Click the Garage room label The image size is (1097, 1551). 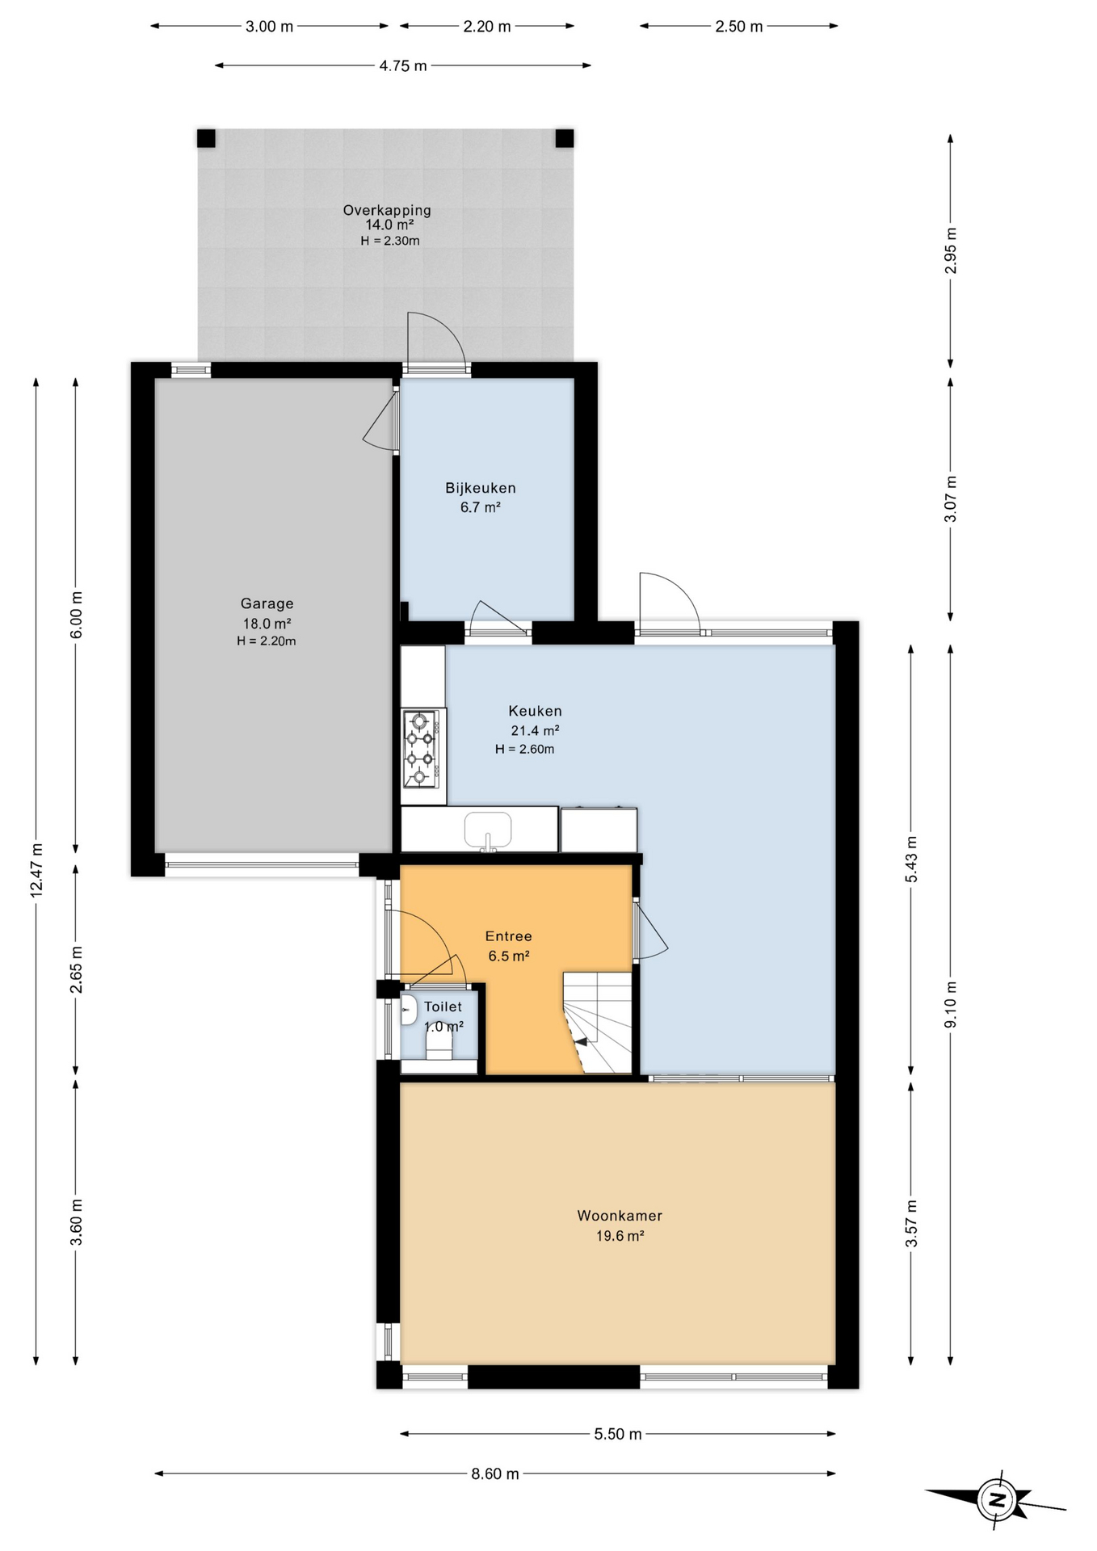[x=267, y=603]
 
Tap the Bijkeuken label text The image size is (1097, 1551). [x=480, y=488]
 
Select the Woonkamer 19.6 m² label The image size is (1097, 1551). [x=620, y=1225]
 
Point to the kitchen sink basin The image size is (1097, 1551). [x=488, y=830]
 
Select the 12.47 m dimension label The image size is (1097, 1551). [x=36, y=870]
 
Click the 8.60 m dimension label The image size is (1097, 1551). [x=495, y=1473]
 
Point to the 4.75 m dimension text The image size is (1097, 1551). [x=402, y=65]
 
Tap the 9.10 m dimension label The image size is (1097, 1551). [x=950, y=1004]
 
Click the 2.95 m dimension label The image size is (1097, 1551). [x=950, y=250]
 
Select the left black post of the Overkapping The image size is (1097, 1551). [x=206, y=138]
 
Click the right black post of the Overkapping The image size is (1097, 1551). [x=565, y=138]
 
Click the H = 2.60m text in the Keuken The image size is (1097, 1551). [x=525, y=749]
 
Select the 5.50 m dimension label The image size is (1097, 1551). [x=618, y=1434]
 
